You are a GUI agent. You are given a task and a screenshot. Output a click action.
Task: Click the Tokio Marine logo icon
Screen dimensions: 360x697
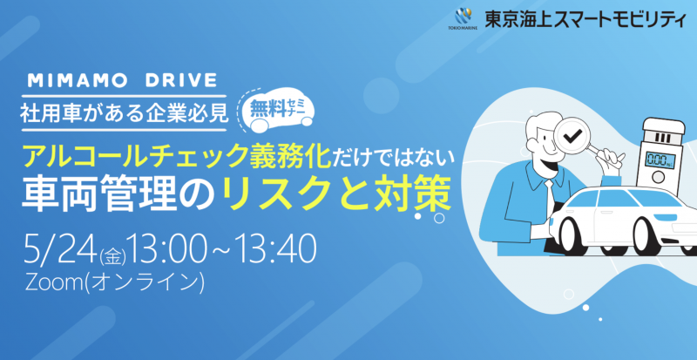pyautogui.click(x=462, y=17)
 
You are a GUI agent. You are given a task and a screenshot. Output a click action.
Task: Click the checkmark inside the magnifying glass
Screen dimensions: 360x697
pyautogui.click(x=572, y=138)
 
